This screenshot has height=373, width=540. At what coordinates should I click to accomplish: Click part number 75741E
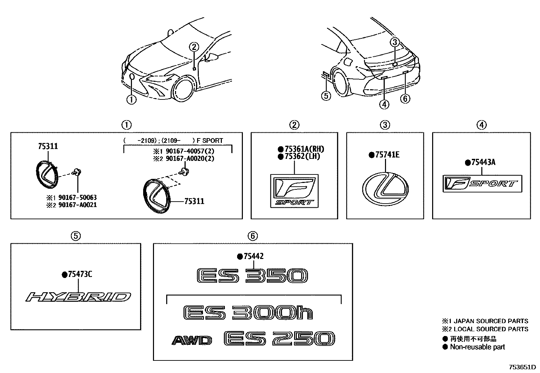[387, 155]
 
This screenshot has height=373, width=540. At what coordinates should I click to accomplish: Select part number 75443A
[483, 162]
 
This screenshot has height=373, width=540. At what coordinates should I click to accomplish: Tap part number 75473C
[80, 274]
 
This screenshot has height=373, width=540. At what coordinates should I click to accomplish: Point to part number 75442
[253, 257]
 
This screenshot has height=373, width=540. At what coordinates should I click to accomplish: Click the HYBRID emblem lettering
[78, 297]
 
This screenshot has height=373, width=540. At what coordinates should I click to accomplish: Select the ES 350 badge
[252, 276]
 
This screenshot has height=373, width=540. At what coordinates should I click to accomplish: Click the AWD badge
[192, 340]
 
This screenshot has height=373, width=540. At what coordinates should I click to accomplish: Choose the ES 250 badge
[279, 339]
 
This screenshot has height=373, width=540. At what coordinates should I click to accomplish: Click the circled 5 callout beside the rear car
[326, 96]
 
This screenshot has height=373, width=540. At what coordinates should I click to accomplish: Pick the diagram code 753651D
[522, 367]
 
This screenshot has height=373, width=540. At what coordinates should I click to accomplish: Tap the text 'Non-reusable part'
[477, 347]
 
